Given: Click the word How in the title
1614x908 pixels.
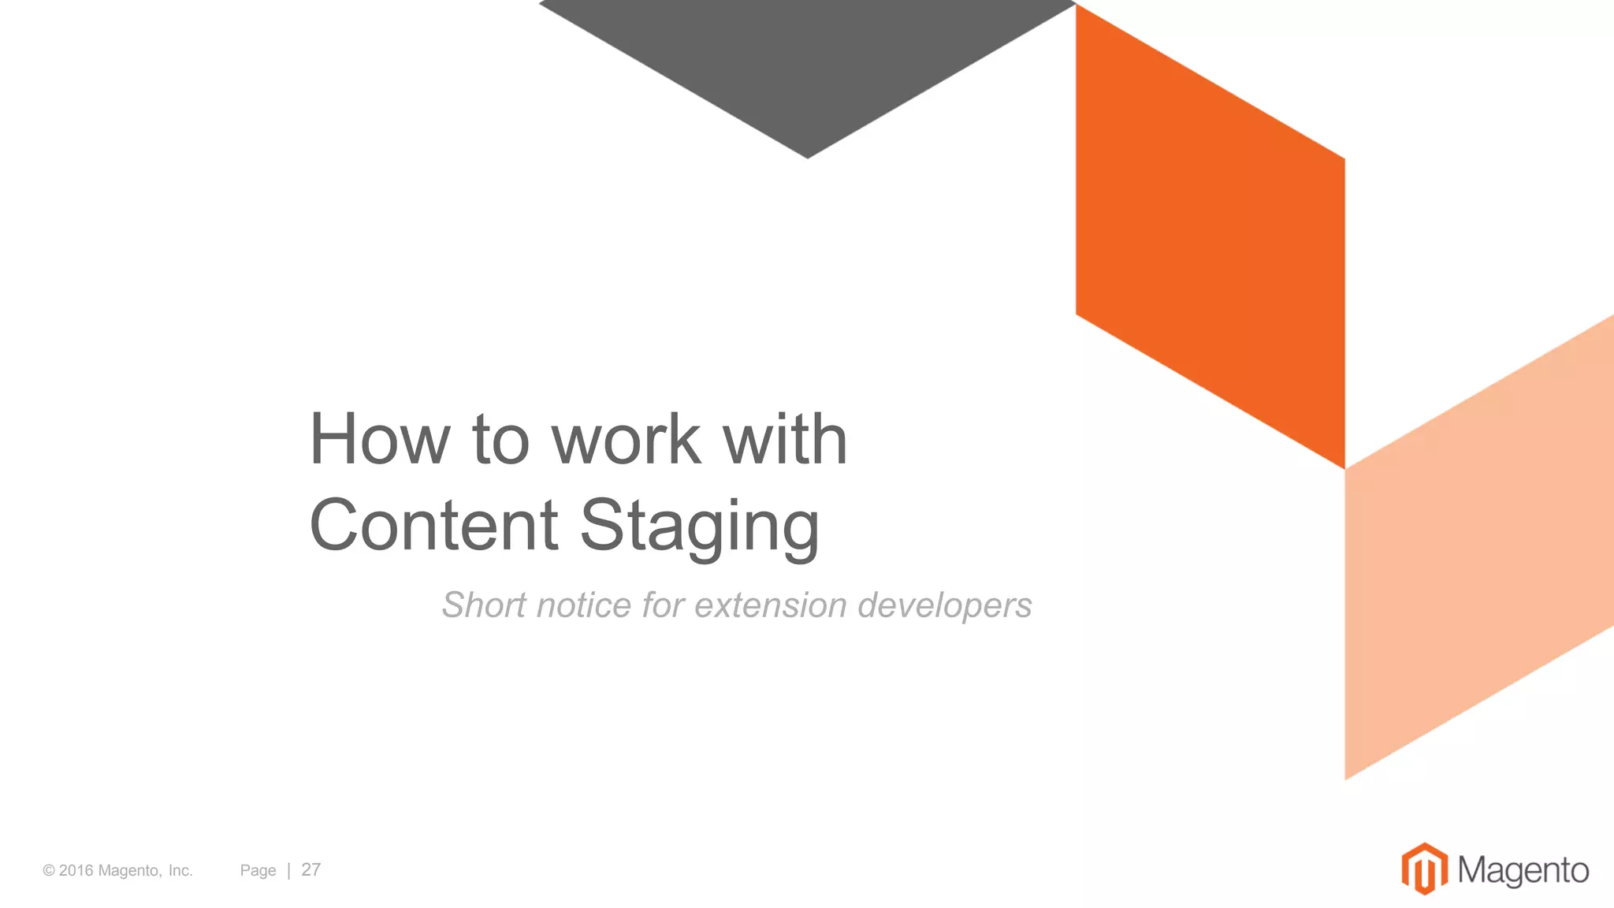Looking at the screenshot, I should (x=379, y=439).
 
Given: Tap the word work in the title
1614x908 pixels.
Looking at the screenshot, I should (x=626, y=439).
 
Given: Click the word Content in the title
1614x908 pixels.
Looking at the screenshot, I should (x=433, y=525).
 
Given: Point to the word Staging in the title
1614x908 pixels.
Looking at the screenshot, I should (x=700, y=527).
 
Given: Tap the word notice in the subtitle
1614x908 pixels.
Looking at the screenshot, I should (x=584, y=605).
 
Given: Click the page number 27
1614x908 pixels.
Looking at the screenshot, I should (x=311, y=869).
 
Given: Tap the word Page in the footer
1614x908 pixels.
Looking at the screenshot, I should (x=258, y=870).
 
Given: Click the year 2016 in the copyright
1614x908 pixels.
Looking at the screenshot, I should (x=76, y=870).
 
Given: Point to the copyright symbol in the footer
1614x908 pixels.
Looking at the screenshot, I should (x=49, y=870).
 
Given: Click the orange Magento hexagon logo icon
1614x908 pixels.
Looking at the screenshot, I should (x=1424, y=869).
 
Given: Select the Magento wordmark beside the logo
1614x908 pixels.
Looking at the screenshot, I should (x=1523, y=870).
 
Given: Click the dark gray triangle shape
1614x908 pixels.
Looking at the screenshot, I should (x=807, y=63).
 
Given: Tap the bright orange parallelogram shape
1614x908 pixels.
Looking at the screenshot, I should (x=1210, y=236).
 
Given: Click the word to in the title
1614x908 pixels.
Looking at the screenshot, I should (x=500, y=439).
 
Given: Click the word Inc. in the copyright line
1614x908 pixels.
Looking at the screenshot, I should (x=180, y=870).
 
